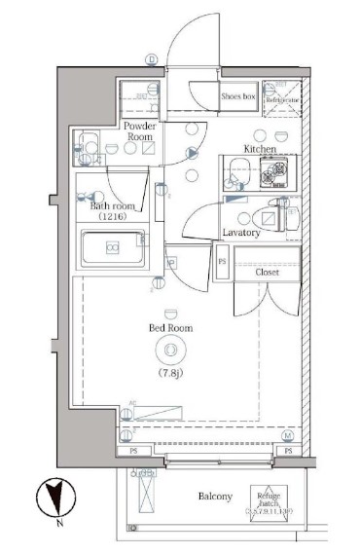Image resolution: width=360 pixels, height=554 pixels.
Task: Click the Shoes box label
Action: pyautogui.click(x=238, y=96)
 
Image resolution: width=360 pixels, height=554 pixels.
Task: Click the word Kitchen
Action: pyautogui.click(x=260, y=148)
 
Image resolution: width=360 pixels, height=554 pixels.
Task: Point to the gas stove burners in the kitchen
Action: pyautogui.click(x=279, y=173)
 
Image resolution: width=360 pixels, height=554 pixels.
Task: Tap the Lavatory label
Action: pyautogui.click(x=240, y=234)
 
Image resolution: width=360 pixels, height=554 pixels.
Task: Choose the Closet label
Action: pyautogui.click(x=268, y=272)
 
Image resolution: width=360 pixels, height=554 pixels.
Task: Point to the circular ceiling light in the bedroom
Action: pyautogui.click(x=172, y=350)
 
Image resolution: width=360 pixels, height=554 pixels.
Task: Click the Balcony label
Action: pyautogui.click(x=216, y=497)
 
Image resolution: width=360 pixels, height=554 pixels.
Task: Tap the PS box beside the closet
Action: pyautogui.click(x=222, y=263)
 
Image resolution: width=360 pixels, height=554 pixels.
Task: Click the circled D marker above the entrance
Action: pyautogui.click(x=151, y=58)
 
